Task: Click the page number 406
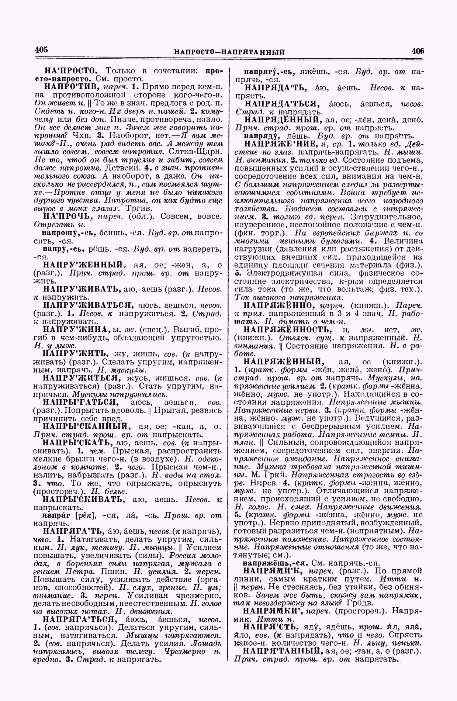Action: pos(418,51)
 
